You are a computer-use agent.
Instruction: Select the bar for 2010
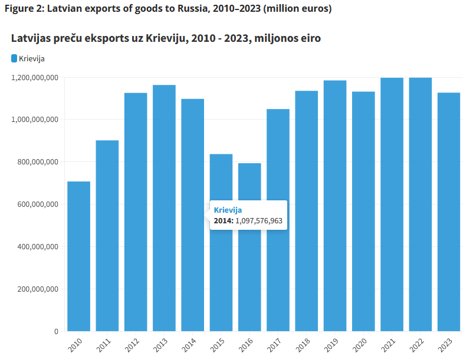click(x=78, y=256)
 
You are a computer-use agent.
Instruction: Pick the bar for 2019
click(x=335, y=206)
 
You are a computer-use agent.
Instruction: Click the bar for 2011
click(x=107, y=236)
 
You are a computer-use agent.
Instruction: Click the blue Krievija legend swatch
click(x=14, y=58)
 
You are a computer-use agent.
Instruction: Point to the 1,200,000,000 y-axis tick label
click(x=35, y=77)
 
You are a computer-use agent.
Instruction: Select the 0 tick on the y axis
click(x=55, y=332)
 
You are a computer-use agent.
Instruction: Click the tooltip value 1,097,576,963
click(x=259, y=220)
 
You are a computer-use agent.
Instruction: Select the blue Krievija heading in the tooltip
click(x=228, y=210)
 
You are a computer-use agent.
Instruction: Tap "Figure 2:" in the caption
click(x=23, y=9)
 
